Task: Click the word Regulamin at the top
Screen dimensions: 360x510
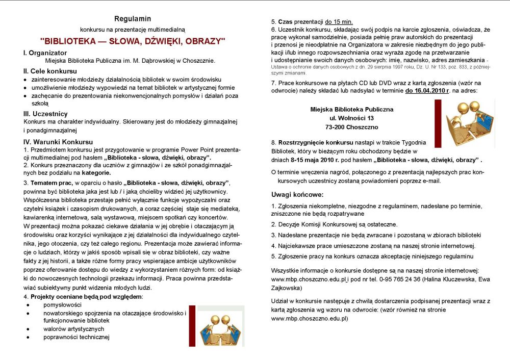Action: [x=133, y=19]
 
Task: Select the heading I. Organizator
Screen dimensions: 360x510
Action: [x=45, y=53]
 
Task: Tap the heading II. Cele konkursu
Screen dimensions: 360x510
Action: [x=50, y=71]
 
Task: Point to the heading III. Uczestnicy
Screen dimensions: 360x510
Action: [x=45, y=114]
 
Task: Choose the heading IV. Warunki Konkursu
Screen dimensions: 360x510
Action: [x=57, y=141]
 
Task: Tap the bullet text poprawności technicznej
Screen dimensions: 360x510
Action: [x=76, y=337]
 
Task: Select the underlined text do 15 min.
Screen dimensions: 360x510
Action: [x=339, y=22]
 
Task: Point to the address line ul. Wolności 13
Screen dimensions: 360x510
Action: [x=352, y=118]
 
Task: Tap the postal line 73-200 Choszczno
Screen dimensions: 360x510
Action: [x=352, y=127]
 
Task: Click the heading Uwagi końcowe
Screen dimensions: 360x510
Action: [x=297, y=195]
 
